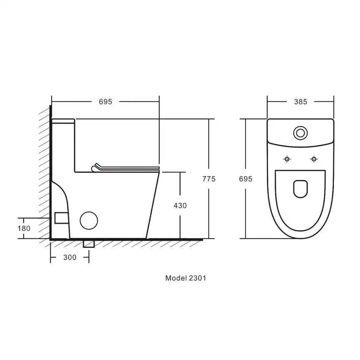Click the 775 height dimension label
[x=209, y=179]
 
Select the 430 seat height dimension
[x=180, y=205]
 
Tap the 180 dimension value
[x=24, y=229]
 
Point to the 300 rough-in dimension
[x=70, y=257]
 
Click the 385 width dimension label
[x=301, y=102]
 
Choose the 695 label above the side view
[x=106, y=102]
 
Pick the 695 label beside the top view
[x=245, y=179]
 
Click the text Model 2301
[x=185, y=278]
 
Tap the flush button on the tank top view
[x=300, y=133]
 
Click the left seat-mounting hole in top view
[x=287, y=159]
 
